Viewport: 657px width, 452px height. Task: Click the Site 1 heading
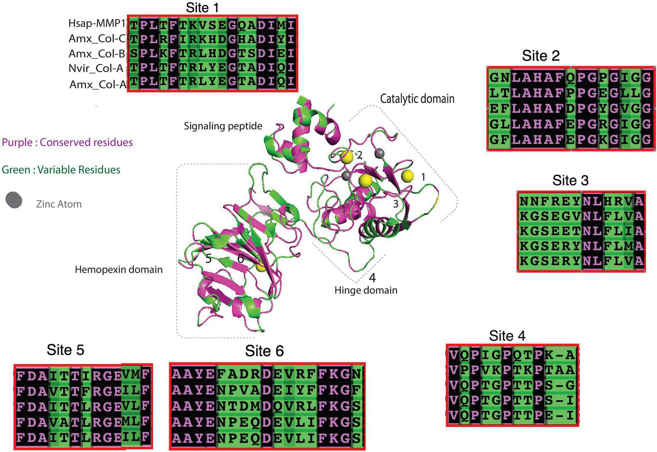202,7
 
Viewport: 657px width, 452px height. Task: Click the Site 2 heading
541,56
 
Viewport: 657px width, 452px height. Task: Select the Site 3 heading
570,180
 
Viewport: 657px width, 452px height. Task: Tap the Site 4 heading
507,336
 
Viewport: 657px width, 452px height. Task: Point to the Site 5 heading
65,350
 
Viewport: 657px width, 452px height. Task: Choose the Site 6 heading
264,351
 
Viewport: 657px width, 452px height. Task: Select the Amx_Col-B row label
97,54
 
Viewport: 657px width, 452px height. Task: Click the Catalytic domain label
417,99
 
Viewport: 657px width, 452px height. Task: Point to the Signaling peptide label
223,126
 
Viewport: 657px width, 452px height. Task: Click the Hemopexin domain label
119,269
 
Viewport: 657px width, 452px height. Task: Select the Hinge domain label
366,290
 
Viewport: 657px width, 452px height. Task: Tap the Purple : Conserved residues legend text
67,142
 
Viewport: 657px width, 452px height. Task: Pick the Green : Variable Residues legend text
61,170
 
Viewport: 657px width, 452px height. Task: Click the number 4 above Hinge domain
372,277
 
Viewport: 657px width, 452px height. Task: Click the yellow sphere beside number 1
407,176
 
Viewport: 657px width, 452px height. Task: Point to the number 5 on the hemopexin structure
208,258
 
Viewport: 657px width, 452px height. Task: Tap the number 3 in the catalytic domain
396,203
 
